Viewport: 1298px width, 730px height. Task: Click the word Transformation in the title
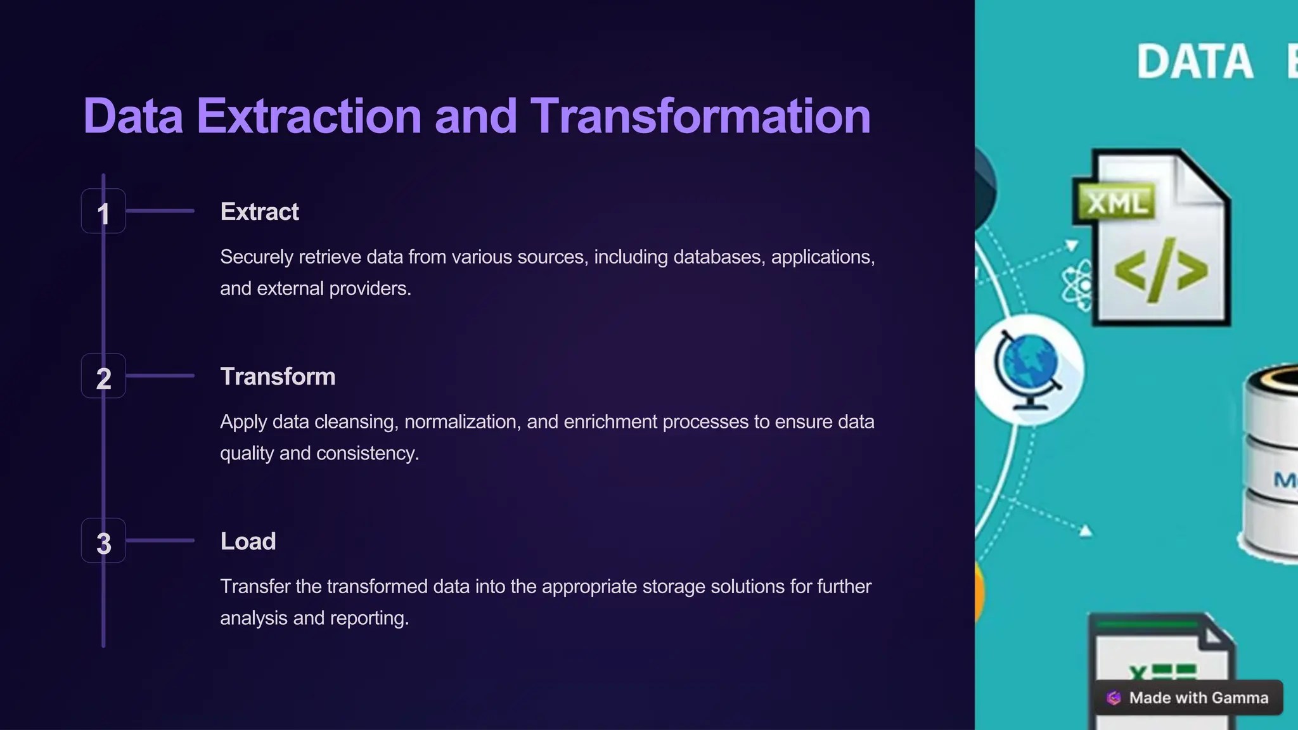click(700, 117)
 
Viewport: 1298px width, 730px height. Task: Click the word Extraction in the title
click(309, 117)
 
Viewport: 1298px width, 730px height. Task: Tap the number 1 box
click(103, 212)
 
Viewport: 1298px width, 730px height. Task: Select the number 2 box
click(103, 376)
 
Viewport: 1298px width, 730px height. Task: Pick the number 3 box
click(103, 541)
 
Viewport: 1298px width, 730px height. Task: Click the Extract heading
click(259, 212)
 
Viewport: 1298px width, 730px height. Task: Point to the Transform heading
click(278, 376)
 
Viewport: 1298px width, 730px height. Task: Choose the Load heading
click(248, 541)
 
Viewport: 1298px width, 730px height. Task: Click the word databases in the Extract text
click(719, 257)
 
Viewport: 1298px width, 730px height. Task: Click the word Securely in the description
click(256, 257)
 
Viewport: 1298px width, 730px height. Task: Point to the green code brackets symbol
click(1160, 271)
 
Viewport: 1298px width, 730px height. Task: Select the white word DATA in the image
click(1195, 62)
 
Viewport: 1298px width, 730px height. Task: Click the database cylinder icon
click(1271, 463)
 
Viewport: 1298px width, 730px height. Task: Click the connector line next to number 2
click(160, 376)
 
